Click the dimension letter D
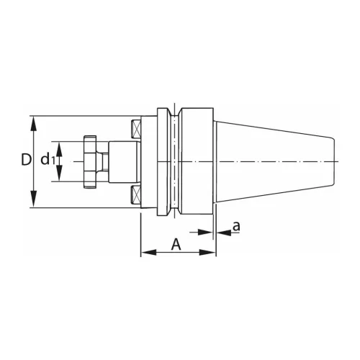pyautogui.click(x=26, y=160)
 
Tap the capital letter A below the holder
pyautogui.click(x=176, y=244)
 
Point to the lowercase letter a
pyautogui.click(x=235, y=227)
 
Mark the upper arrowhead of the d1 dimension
pyautogui.click(x=60, y=145)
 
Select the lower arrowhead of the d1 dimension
pyautogui.click(x=60, y=179)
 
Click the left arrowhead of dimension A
pyautogui.click(x=145, y=253)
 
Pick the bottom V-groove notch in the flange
pyautogui.click(x=174, y=211)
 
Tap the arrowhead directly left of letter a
pyautogui.click(x=221, y=233)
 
